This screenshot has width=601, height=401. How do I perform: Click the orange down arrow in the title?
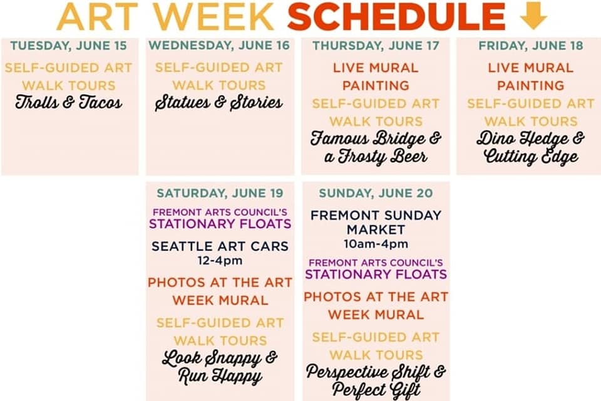[533, 16]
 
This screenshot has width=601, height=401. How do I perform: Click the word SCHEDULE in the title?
[397, 16]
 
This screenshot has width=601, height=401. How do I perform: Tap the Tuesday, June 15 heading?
[68, 46]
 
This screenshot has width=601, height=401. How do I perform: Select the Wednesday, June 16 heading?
[219, 45]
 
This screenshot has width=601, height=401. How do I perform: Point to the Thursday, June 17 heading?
[376, 46]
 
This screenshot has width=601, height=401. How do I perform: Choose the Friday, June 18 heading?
[531, 46]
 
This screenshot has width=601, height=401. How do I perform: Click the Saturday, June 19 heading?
[220, 193]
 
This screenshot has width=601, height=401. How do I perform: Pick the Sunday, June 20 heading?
[376, 193]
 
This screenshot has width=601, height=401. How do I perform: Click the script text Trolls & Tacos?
[69, 103]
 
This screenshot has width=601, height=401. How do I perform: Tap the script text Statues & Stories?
[219, 103]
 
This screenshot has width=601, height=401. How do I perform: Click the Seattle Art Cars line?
[220, 246]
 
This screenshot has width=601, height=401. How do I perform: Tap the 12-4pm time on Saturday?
[220, 261]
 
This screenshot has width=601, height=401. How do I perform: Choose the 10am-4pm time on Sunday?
[376, 244]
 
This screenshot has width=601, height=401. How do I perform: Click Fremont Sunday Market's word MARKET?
[376, 230]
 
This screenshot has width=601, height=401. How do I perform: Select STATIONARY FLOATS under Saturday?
[220, 224]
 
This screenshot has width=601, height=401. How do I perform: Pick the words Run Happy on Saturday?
[220, 376]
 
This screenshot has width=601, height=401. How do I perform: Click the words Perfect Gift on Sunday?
[376, 390]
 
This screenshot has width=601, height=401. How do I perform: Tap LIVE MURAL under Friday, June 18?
[531, 68]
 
